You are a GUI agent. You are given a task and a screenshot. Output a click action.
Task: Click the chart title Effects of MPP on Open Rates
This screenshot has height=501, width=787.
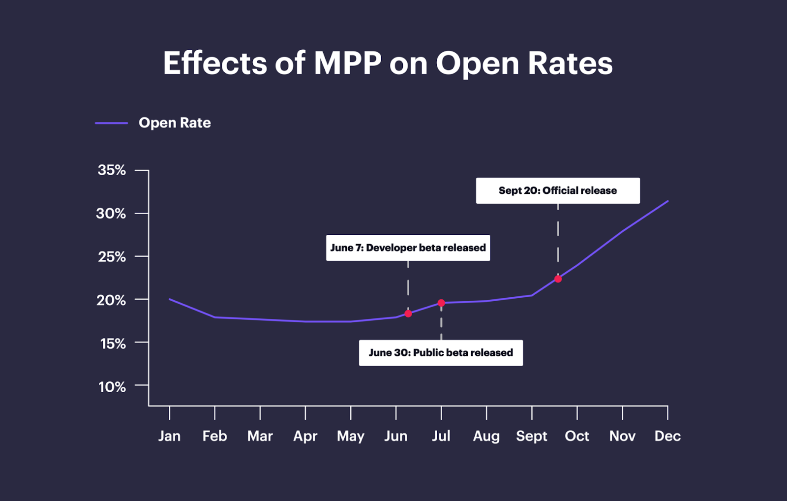[x=388, y=63]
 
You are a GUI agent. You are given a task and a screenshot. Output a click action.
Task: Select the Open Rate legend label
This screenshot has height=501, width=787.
[x=175, y=123]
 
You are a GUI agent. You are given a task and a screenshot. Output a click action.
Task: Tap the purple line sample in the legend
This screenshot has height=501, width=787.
[x=111, y=123]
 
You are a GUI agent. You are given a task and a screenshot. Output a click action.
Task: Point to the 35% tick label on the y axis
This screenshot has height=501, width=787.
[x=112, y=170]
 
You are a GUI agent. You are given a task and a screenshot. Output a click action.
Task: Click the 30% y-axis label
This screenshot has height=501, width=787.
[x=111, y=214]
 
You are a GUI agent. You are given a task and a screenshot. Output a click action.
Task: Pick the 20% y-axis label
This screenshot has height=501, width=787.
[x=111, y=300]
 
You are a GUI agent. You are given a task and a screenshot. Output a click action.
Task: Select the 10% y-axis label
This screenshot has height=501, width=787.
[x=112, y=387]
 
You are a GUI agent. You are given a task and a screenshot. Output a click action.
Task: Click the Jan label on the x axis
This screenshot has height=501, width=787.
[x=169, y=436]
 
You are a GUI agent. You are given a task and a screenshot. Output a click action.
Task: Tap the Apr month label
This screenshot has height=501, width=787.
[x=305, y=436]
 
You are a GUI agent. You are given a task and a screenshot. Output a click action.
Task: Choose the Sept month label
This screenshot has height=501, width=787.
[x=531, y=436]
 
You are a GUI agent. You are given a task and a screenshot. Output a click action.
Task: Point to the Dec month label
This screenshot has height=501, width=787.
[x=667, y=436]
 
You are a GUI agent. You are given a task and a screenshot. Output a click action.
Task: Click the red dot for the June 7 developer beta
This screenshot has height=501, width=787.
[x=408, y=313]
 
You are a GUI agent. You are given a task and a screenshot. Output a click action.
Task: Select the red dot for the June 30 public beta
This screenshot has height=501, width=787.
[x=441, y=303]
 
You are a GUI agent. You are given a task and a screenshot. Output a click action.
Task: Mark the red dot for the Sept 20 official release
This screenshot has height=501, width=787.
[x=558, y=279]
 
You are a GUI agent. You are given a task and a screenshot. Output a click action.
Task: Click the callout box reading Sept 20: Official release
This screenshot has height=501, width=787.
[x=558, y=190]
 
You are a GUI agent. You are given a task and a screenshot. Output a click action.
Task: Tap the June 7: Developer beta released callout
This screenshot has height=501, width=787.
[x=408, y=248]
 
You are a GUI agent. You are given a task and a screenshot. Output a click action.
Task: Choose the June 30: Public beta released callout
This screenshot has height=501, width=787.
[x=441, y=353]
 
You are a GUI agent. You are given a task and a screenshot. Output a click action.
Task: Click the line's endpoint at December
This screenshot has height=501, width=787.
[x=667, y=201]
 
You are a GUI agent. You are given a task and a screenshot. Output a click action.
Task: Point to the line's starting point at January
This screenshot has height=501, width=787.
[x=170, y=299]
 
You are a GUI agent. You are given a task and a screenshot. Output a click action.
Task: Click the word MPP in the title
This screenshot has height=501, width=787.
[x=347, y=63]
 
